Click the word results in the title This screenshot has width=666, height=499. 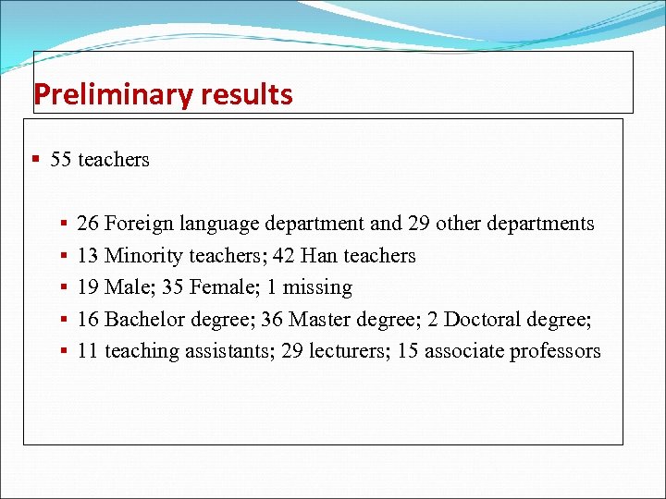coord(244,94)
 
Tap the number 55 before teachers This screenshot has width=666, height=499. coord(61,160)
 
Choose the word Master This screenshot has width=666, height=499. coord(320,320)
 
